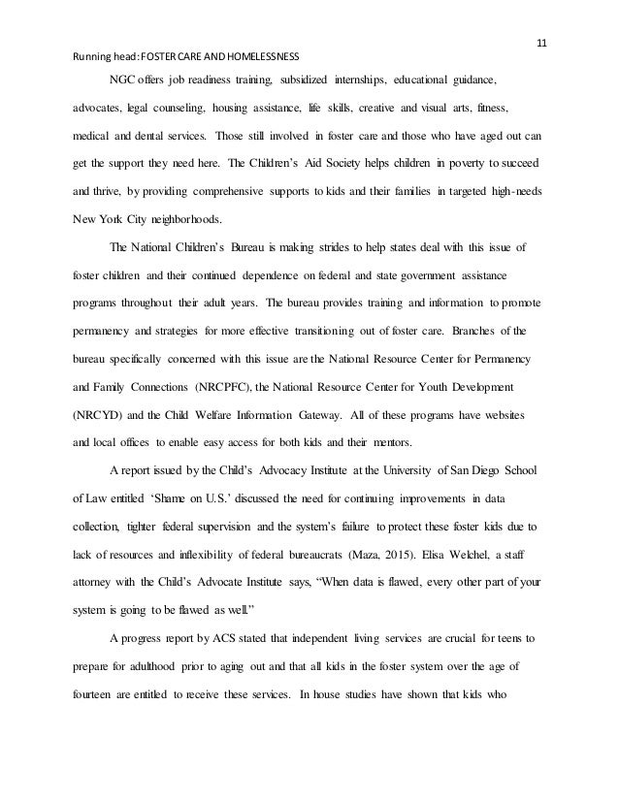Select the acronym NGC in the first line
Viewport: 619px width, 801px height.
124,80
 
